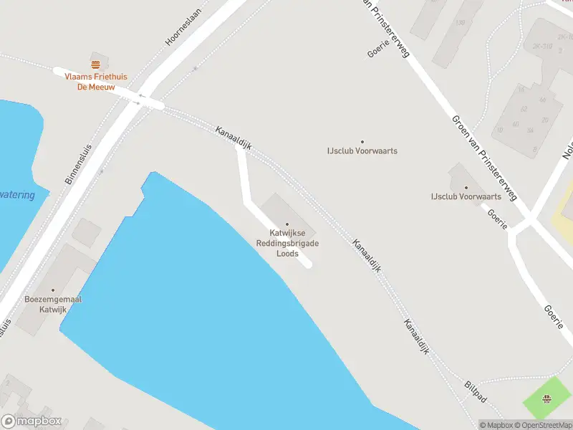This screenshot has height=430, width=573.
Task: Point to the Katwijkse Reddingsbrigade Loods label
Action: tap(287, 244)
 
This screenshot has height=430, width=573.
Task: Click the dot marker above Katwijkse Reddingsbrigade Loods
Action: tap(287, 224)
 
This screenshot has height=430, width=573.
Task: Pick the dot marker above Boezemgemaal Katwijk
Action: tap(52, 290)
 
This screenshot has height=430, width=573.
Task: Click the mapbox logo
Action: tap(32, 421)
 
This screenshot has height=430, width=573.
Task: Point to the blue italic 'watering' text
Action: tap(17, 196)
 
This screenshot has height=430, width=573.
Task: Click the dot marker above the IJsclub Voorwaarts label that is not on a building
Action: tap(362, 142)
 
